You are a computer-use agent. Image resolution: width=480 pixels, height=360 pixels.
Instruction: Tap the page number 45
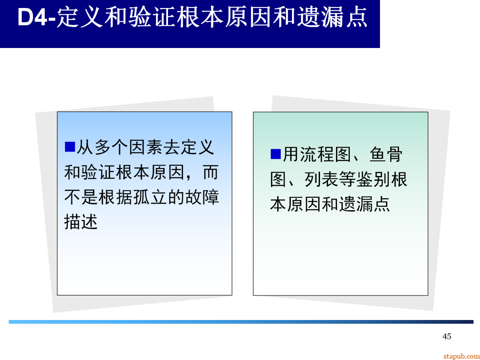pos(447,336)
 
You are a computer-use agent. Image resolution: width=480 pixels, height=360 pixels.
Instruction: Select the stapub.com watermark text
pos(461,356)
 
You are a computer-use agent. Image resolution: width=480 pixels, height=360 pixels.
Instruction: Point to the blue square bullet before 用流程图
pos(276,154)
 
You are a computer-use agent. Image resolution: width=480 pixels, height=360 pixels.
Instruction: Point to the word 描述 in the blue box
pos(81,222)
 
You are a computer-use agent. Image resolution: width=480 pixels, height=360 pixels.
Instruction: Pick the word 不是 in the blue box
pos(81,197)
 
